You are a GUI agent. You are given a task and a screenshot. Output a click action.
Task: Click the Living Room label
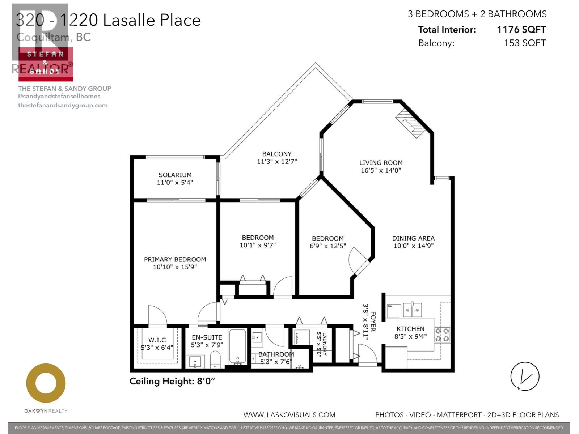[x=381, y=163]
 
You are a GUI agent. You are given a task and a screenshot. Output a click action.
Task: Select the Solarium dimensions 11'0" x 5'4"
[x=175, y=183]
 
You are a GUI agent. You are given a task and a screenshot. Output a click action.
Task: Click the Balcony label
[x=277, y=154]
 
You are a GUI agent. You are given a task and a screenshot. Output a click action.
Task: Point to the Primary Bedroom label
[x=175, y=259]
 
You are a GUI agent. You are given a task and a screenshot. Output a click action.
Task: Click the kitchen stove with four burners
[x=442, y=335]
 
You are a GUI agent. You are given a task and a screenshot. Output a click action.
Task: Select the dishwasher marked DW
[x=394, y=310]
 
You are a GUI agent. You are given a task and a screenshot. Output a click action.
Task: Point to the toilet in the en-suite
[x=215, y=359]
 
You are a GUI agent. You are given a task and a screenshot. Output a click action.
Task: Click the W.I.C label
[x=157, y=340]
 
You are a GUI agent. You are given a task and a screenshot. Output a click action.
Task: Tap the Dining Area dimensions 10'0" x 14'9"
[x=413, y=246]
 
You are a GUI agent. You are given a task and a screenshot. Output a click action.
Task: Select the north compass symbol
[x=525, y=376]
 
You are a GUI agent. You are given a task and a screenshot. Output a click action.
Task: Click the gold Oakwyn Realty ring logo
[x=46, y=383]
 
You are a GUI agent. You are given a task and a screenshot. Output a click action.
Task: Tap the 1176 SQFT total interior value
[x=521, y=30]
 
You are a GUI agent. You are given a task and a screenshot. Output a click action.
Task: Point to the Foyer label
[x=373, y=321]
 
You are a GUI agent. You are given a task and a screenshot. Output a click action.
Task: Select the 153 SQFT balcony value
[x=524, y=43]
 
